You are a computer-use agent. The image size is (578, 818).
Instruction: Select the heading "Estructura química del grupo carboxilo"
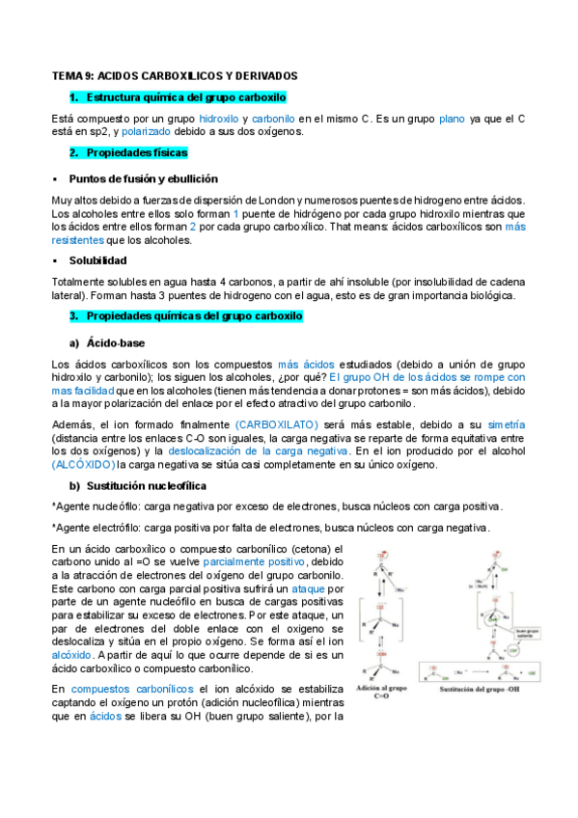[x=185, y=97]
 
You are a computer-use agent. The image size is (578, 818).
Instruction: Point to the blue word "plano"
[x=452, y=119]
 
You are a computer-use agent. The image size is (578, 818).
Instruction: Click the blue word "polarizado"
[x=146, y=132]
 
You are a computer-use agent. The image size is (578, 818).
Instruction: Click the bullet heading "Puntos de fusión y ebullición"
[x=143, y=178]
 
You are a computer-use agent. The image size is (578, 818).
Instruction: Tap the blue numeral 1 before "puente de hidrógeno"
[x=235, y=213]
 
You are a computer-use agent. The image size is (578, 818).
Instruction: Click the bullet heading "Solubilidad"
[x=98, y=260]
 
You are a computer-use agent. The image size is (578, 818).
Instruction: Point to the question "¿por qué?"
[x=302, y=377]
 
